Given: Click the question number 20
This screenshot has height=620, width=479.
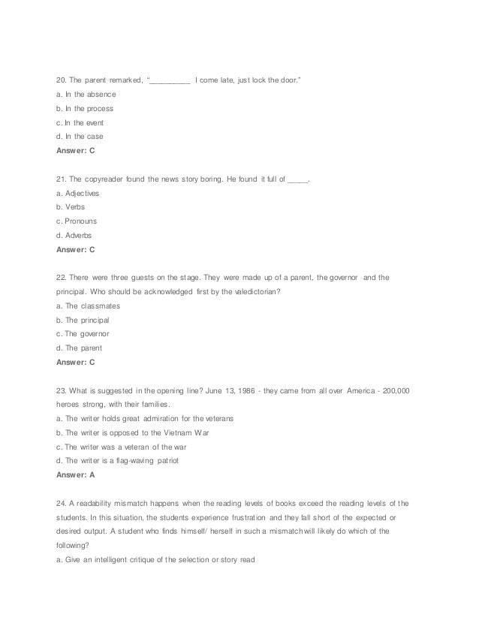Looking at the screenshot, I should pos(62,80).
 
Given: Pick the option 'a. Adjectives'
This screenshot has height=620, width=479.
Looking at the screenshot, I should pos(78,194).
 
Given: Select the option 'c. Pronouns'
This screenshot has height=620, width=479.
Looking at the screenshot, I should pos(77,221).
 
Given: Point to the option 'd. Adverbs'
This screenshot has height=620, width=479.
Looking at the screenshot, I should pos(74,235).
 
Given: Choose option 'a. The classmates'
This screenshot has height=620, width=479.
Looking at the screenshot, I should pos(89,306).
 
